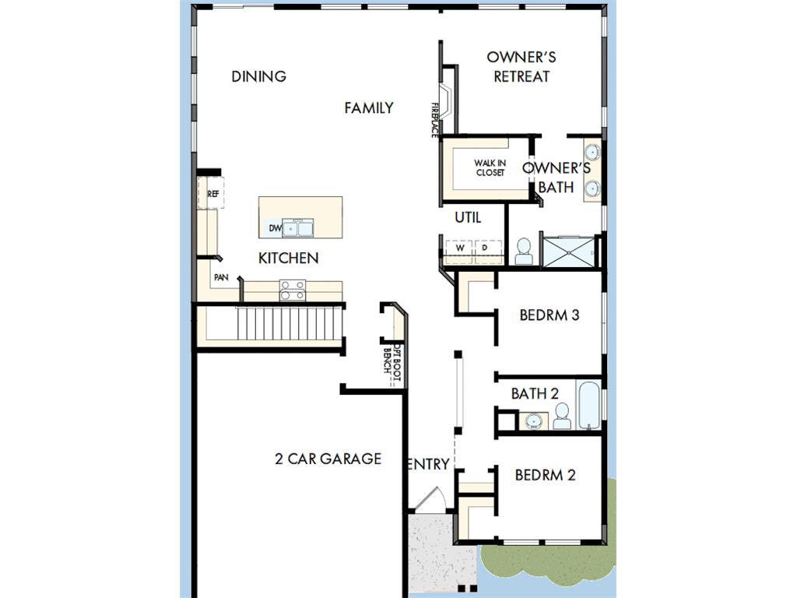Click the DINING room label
(x=258, y=76)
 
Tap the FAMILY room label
(x=368, y=107)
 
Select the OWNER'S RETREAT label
(x=521, y=67)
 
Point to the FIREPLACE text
(x=434, y=120)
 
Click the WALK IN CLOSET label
(x=490, y=168)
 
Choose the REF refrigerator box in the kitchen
(x=212, y=193)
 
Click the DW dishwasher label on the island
(x=275, y=228)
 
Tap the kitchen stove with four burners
(x=293, y=290)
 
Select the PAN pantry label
(x=221, y=277)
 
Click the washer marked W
(x=459, y=248)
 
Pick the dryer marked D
(x=488, y=248)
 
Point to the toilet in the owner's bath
(x=524, y=252)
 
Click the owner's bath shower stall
(x=568, y=252)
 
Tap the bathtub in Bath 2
(x=589, y=405)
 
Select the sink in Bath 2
(x=534, y=421)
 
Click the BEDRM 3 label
(x=549, y=315)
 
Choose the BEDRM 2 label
(x=545, y=475)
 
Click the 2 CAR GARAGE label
(x=328, y=459)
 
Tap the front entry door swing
(x=432, y=499)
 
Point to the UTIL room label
(x=468, y=218)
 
